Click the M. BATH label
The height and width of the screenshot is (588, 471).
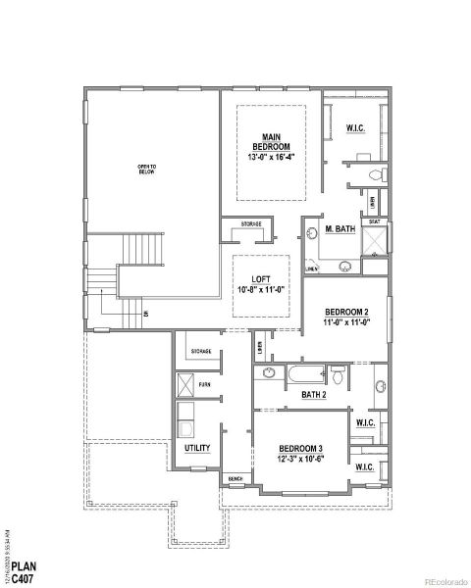click(340, 230)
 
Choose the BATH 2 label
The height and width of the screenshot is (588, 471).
click(314, 395)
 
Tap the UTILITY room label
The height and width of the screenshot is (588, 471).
click(197, 448)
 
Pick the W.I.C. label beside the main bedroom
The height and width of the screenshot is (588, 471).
click(355, 128)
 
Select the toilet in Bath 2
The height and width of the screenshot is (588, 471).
click(337, 373)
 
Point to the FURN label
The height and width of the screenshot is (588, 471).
click(204, 385)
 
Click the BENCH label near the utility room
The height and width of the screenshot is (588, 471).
click(235, 478)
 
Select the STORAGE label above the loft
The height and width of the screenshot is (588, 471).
click(252, 224)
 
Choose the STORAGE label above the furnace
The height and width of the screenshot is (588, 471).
click(200, 350)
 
